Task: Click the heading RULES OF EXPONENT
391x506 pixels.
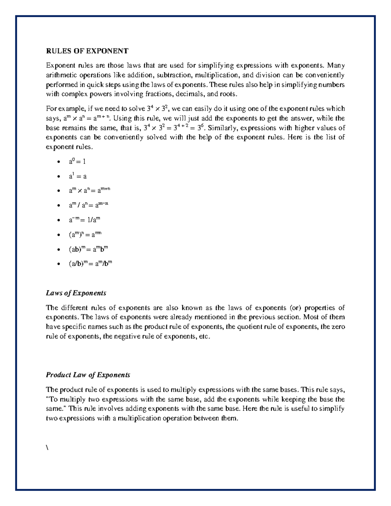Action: point(87,51)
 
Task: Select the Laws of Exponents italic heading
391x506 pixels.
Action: point(76,293)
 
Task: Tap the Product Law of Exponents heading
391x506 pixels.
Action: point(88,375)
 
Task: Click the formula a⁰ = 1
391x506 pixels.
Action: point(77,161)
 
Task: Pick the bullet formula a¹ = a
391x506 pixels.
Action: point(78,176)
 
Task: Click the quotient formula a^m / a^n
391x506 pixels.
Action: point(88,205)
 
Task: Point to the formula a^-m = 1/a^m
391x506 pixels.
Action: point(84,220)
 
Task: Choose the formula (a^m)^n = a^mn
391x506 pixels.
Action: point(85,235)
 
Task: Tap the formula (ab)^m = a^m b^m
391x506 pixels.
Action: point(88,250)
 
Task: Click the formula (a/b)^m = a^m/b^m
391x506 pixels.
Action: point(90,264)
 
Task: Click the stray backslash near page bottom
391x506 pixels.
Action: point(47,448)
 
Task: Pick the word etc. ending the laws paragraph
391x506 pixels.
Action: point(204,336)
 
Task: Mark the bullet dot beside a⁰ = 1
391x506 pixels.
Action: point(58,162)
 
